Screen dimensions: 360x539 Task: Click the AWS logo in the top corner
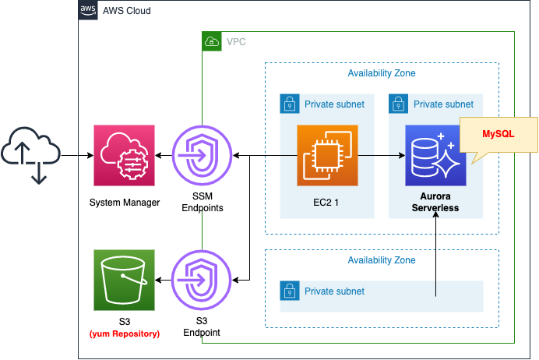tap(89, 10)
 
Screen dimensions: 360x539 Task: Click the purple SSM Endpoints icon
tap(202, 156)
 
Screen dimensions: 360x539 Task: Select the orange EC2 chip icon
tap(327, 155)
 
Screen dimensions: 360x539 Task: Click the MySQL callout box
tap(498, 134)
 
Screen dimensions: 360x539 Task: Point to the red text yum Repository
tap(125, 334)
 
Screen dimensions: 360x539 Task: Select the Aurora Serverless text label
tap(435, 203)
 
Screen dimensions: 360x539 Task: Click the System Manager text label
tap(125, 203)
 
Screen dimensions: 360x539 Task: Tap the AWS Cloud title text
tap(126, 11)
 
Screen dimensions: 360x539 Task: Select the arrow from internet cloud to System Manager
tap(73, 156)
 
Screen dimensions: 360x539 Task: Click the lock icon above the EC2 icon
tap(289, 104)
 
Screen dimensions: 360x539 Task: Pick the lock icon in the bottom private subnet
tap(289, 291)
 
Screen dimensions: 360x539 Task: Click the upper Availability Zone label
tap(381, 73)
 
